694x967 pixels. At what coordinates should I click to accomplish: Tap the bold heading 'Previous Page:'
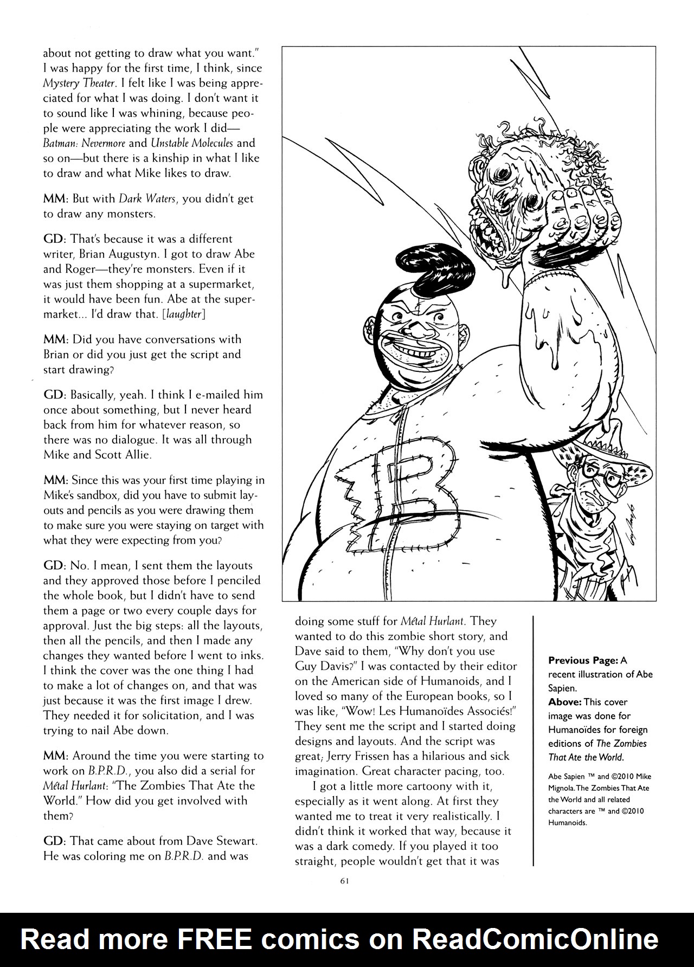[583, 660]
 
